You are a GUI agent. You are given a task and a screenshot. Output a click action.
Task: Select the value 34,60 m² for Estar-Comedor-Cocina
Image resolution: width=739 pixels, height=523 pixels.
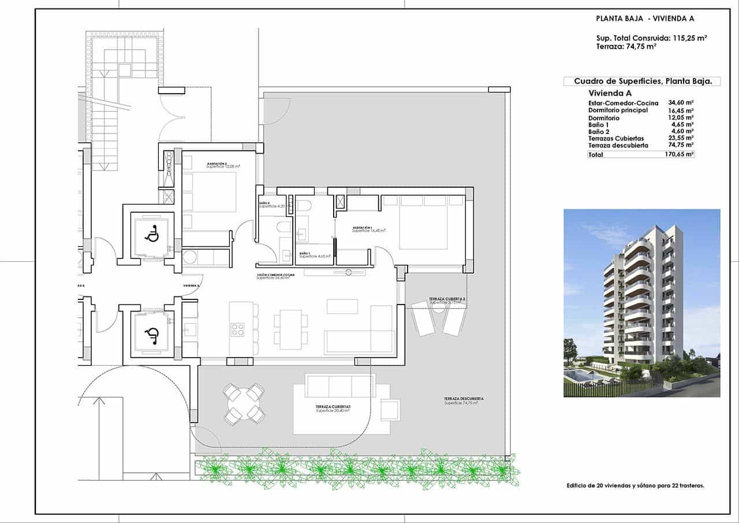click(x=681, y=103)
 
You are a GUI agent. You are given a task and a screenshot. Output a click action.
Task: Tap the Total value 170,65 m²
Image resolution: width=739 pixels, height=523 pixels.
click(x=681, y=155)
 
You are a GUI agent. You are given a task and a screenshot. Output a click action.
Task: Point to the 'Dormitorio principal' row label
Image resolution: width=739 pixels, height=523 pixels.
click(x=618, y=110)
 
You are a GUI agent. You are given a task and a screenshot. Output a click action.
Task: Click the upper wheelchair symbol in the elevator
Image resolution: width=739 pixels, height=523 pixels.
click(x=152, y=235)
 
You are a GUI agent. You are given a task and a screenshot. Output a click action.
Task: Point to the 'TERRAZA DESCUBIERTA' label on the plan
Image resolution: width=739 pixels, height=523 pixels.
click(x=464, y=399)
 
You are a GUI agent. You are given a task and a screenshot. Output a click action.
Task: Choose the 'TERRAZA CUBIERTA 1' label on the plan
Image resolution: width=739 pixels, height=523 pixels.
click(x=333, y=407)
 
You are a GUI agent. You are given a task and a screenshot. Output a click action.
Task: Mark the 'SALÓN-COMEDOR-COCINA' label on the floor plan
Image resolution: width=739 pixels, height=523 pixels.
click(x=276, y=275)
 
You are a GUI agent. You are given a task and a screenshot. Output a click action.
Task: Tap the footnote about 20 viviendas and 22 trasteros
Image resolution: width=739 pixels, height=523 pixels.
click(x=635, y=486)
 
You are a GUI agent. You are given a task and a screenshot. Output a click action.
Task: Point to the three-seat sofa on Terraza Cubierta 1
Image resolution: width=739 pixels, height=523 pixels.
click(x=339, y=385)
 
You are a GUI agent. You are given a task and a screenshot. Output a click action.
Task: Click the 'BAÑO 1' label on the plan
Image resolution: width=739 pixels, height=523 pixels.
click(x=305, y=254)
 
